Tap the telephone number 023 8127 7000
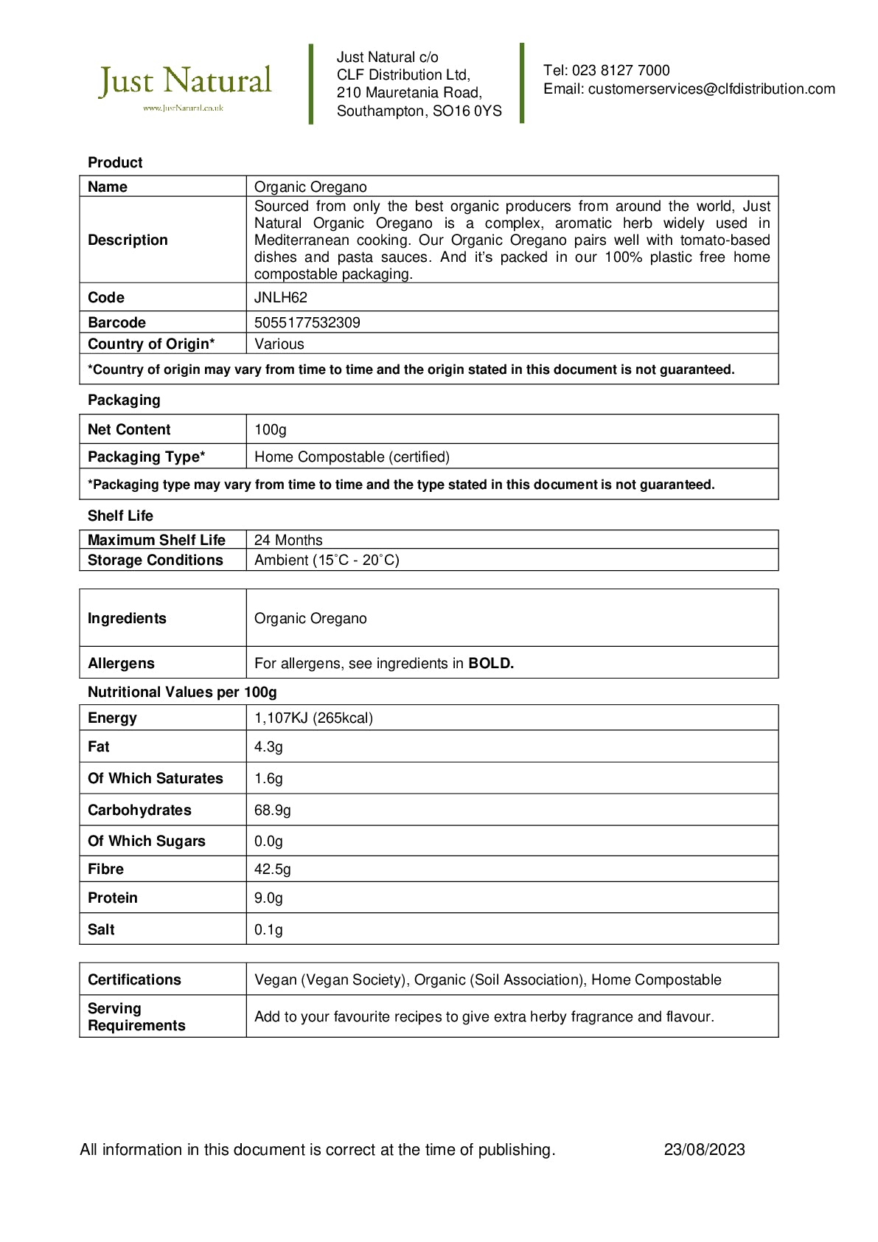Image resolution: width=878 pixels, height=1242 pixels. click(x=621, y=71)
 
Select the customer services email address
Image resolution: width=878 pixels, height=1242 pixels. click(x=711, y=89)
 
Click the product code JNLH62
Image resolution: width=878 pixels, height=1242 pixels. click(x=281, y=298)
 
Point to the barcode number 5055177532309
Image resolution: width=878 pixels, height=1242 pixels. click(x=307, y=323)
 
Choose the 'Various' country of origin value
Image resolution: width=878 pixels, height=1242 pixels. click(x=279, y=344)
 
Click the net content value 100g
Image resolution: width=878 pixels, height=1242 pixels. click(x=271, y=430)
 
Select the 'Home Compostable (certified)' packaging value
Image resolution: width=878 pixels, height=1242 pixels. click(x=352, y=457)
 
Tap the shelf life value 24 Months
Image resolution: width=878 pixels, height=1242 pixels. click(x=288, y=541)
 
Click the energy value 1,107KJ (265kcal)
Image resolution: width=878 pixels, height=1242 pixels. click(x=313, y=718)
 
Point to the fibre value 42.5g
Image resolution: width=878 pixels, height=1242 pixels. click(x=273, y=870)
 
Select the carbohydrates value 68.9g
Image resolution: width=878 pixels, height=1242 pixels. click(x=273, y=811)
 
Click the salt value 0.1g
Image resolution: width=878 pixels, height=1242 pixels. click(x=268, y=930)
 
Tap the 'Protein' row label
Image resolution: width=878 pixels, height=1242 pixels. click(x=113, y=898)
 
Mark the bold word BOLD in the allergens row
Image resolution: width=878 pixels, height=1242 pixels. click(x=491, y=664)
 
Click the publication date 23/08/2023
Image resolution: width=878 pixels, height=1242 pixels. click(x=704, y=1150)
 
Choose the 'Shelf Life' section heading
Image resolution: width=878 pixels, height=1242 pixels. click(x=120, y=516)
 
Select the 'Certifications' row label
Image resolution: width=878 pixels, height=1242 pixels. click(x=134, y=980)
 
